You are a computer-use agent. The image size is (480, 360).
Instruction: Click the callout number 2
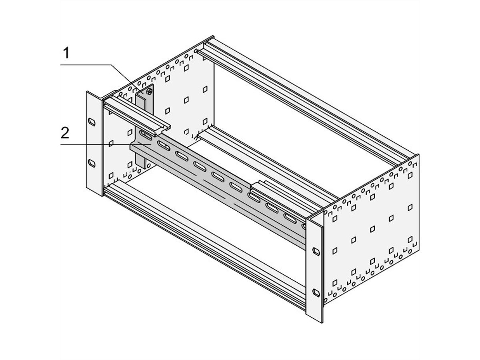pyautogui.click(x=66, y=132)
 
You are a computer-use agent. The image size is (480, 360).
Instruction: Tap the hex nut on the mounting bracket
pyautogui.click(x=149, y=92)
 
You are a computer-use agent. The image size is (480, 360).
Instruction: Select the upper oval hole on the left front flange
pyautogui.click(x=92, y=121)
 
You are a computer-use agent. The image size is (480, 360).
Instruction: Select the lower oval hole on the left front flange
pyautogui.click(x=92, y=163)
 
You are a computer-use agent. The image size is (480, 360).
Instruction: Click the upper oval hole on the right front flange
pyautogui.click(x=316, y=251)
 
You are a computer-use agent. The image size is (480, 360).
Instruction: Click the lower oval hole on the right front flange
pyautogui.click(x=316, y=292)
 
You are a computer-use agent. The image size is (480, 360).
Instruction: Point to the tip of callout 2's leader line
pyautogui.click(x=150, y=142)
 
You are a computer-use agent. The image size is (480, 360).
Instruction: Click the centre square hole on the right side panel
pyautogui.click(x=372, y=228)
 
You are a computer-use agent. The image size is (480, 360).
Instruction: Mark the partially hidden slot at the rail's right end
pyautogui.click(x=304, y=226)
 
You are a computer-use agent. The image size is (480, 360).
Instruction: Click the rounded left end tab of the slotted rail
pyautogui.click(x=134, y=146)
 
